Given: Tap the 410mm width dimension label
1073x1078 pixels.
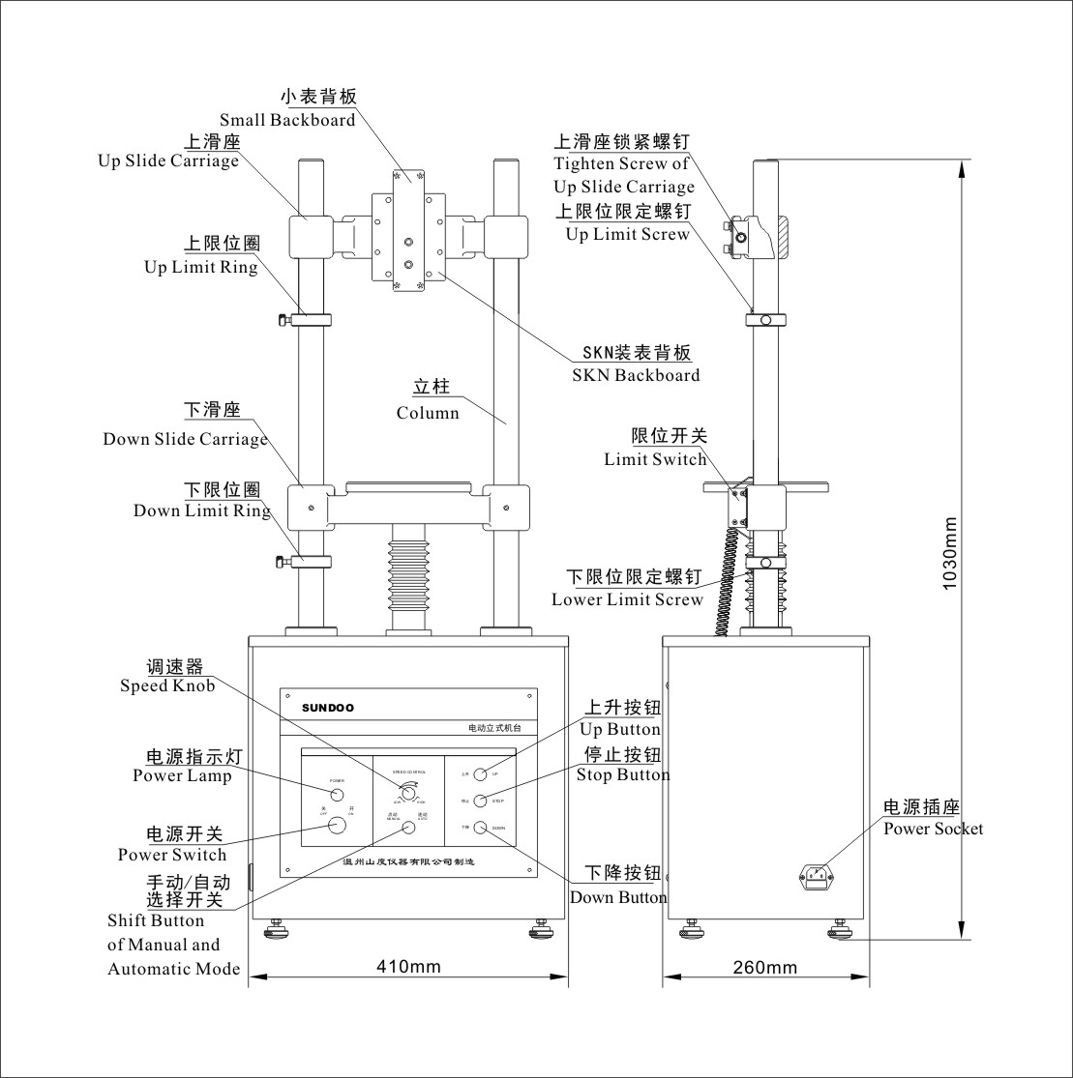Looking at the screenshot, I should tap(407, 966).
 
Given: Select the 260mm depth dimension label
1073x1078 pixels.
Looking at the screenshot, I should tap(764, 967).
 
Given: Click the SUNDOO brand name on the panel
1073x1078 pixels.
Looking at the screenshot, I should tap(327, 708).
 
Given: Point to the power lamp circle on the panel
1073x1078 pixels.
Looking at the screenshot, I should tap(337, 795).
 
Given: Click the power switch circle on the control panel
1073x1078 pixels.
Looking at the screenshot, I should tap(337, 825).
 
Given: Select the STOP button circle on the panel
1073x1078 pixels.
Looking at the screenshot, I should tap(479, 801).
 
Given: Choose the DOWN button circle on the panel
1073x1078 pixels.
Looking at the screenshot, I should tap(479, 829).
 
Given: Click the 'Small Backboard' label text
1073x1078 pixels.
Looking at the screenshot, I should tap(287, 120).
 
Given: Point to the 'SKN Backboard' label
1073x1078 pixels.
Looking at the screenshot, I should tap(641, 375).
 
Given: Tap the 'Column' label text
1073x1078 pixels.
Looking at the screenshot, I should tap(428, 413).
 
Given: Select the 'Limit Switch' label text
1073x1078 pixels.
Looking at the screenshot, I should tap(655, 459).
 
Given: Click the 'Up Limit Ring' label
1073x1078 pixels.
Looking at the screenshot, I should tap(201, 267).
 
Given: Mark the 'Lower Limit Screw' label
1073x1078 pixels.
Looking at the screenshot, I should tap(627, 599).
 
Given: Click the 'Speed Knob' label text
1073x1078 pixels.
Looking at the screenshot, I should tap(167, 685).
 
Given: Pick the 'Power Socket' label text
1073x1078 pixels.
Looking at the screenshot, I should tap(933, 829).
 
